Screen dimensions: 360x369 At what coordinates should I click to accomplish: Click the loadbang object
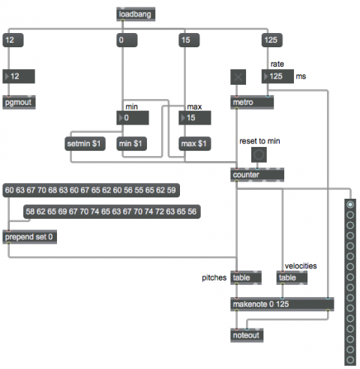pos(136,14)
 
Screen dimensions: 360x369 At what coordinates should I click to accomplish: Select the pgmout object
pos(19,102)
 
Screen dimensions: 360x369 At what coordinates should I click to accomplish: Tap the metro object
pos(252,102)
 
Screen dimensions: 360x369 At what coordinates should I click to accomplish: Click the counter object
pos(257,175)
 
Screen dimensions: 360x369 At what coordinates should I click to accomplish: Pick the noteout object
pos(247,335)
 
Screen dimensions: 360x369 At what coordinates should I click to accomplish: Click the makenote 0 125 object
pos(282,304)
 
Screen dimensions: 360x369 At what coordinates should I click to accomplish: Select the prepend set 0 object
pos(30,237)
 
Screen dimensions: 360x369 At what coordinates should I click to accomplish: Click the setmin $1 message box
pos(85,144)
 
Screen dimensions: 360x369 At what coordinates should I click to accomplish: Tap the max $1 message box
pos(195,144)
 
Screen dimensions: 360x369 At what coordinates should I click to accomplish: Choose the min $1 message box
pos(131,144)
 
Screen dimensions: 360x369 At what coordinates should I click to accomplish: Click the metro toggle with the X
pos(238,77)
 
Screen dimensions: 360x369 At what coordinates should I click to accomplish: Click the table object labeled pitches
pos(246,277)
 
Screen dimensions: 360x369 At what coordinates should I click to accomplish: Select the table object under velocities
pos(292,277)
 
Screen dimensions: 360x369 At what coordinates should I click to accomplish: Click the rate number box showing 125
pos(277,76)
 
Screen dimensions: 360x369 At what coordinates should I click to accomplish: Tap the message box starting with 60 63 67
pos(91,190)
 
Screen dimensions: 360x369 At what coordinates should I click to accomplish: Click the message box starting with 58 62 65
pos(112,211)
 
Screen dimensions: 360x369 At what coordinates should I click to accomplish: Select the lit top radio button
pos(350,205)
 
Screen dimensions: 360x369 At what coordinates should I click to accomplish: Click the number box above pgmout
pos(19,76)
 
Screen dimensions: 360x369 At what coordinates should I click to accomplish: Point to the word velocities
pos(301,265)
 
